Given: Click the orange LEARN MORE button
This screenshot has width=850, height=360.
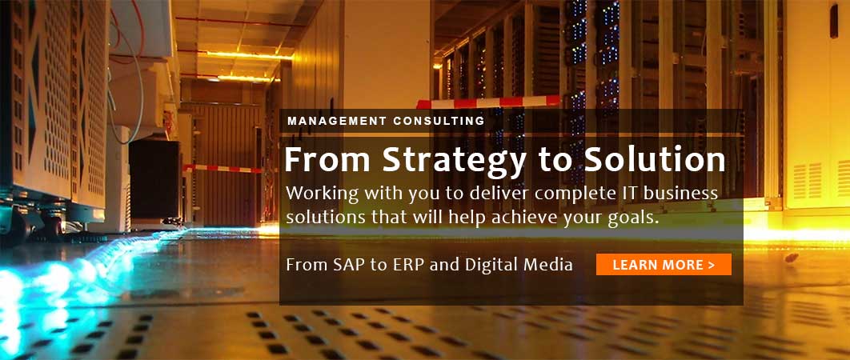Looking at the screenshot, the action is pos(664,265).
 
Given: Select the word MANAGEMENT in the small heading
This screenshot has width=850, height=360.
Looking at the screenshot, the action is pos(335,121).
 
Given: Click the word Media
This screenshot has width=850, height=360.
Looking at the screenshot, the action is pos(551,265).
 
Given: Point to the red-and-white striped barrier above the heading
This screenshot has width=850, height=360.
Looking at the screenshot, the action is pos(488,102).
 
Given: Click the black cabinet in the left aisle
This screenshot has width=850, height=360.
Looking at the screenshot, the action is pos(154,180).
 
